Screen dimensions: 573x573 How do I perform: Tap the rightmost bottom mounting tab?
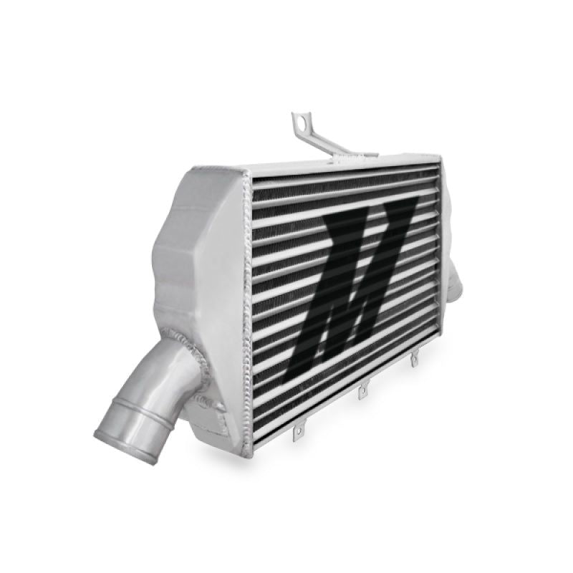(x=414, y=361)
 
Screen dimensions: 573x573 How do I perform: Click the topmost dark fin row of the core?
(x=344, y=175)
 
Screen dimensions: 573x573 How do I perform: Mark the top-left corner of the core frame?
(x=247, y=174)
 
